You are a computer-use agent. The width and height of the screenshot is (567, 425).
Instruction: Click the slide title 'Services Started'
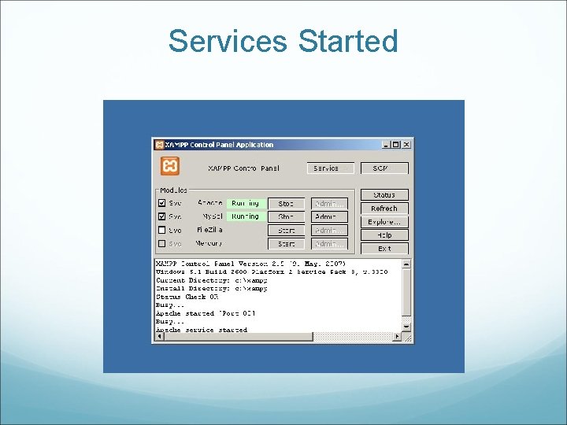point(283,41)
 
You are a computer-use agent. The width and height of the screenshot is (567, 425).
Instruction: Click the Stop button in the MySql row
point(286,216)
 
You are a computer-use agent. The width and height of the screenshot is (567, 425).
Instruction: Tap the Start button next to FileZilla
point(286,231)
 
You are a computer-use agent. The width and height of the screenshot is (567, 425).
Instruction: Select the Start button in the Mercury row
point(286,244)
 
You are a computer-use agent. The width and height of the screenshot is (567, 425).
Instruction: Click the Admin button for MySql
point(329,216)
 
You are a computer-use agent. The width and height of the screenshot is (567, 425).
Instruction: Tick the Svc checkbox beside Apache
point(162,203)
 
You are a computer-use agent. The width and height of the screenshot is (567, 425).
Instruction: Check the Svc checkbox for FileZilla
point(162,230)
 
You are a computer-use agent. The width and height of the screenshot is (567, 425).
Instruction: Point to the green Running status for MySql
point(246,216)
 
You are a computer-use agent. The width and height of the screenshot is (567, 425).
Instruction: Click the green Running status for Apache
point(246,203)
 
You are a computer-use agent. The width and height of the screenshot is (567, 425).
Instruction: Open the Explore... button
point(384,222)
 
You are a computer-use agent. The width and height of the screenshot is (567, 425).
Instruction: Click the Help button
point(384,235)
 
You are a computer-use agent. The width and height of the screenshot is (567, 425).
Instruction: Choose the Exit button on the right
point(384,249)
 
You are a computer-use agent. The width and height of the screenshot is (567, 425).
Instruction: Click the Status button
point(384,194)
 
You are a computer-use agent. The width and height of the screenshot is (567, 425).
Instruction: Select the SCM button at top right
point(384,168)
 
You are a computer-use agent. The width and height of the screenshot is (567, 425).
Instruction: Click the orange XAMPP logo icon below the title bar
point(170,167)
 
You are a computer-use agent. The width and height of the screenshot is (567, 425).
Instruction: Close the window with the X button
point(406,145)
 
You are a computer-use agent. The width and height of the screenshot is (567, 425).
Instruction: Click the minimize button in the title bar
point(387,145)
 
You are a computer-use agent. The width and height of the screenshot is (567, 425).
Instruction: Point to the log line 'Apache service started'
point(202,331)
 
